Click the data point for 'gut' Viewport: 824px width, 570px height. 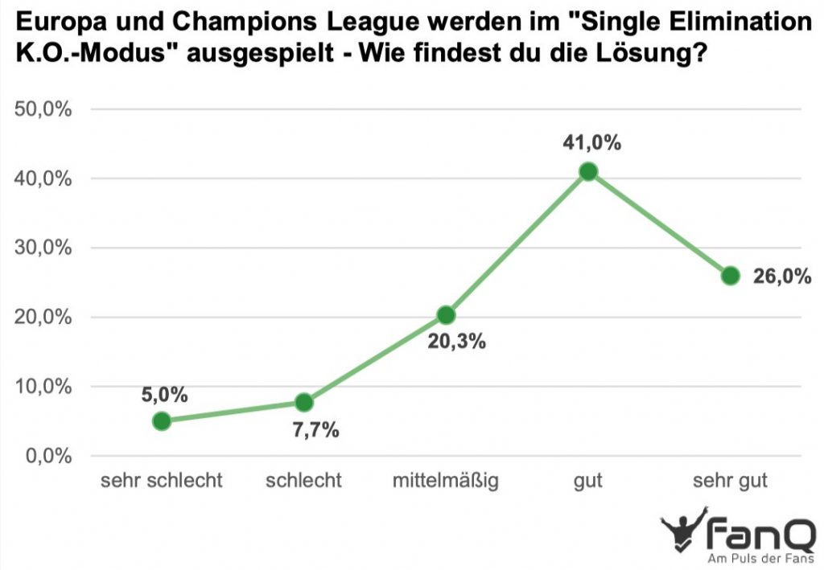(588, 171)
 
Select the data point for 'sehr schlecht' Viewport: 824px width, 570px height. (162, 420)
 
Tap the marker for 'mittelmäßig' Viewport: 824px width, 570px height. (446, 314)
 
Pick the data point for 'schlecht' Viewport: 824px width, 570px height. (304, 402)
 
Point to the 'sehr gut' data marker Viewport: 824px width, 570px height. (731, 276)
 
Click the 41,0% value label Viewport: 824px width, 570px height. (592, 143)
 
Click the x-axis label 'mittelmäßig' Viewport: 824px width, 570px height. (446, 482)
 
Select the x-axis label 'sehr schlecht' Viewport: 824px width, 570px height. (161, 482)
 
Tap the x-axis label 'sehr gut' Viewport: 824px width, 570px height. (731, 482)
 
